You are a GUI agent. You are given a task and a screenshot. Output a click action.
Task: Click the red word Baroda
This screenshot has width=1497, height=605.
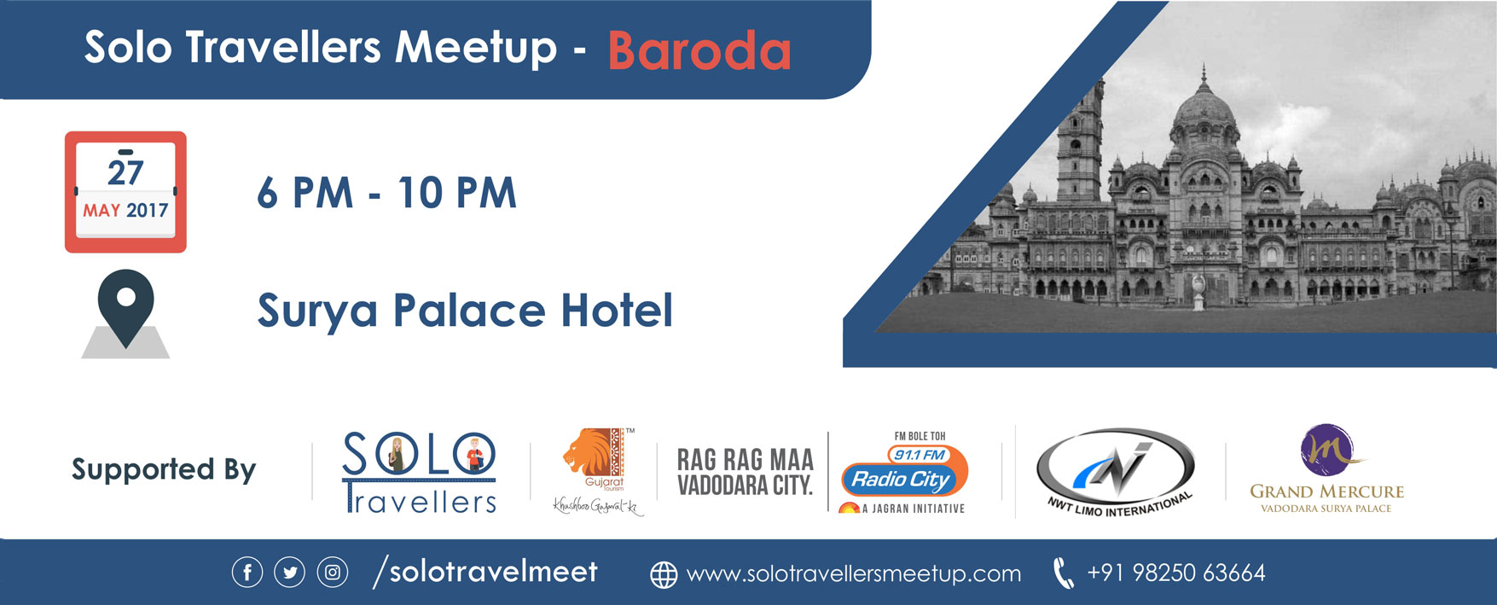(x=699, y=51)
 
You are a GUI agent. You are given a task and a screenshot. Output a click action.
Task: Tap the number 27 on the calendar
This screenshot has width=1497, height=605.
(x=125, y=173)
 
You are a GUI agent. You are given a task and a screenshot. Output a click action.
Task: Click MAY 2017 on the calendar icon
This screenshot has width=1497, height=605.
(x=125, y=210)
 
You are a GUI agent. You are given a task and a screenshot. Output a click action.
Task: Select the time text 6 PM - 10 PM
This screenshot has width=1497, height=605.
(x=387, y=193)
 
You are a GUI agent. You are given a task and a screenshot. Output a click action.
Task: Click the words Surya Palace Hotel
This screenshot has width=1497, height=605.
(x=465, y=311)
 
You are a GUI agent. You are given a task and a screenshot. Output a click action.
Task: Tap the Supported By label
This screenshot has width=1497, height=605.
(x=164, y=470)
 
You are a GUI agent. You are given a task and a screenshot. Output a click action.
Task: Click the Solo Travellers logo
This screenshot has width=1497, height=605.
(x=419, y=472)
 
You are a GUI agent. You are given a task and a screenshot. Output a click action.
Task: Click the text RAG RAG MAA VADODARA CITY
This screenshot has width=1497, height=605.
(x=746, y=472)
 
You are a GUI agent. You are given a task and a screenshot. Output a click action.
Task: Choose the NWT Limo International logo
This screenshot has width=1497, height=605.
(x=1117, y=472)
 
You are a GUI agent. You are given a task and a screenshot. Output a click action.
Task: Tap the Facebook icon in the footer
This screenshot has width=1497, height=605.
(x=247, y=573)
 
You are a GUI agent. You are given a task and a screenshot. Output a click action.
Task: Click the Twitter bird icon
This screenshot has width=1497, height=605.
(x=290, y=573)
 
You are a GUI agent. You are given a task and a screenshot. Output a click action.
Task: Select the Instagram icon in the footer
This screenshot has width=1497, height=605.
(x=333, y=573)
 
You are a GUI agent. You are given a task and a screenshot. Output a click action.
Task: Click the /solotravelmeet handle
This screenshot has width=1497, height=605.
(x=485, y=572)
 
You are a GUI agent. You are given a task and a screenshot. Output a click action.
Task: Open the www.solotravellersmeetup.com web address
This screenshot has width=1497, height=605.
(x=854, y=574)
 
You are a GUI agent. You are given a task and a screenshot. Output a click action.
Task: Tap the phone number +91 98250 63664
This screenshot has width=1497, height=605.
(x=1176, y=573)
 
